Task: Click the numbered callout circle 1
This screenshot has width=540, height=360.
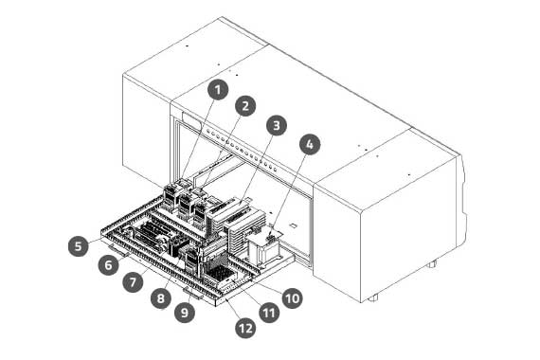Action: click(218, 90)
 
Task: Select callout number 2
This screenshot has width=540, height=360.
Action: click(245, 106)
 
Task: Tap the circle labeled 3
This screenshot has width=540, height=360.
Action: click(277, 125)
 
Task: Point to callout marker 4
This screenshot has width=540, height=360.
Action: click(310, 144)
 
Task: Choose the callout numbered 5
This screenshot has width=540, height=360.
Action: click(79, 246)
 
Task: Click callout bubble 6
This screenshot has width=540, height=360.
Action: click(109, 265)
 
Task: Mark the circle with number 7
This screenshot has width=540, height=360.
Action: click(133, 282)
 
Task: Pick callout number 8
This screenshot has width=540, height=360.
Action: click(161, 298)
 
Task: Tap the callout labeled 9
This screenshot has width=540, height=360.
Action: click(185, 312)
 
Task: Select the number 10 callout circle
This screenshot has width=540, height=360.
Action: click(293, 298)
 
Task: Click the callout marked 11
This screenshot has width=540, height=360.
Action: click(269, 313)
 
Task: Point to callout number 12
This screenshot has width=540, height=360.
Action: click(245, 328)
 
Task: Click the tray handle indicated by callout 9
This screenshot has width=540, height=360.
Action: click(194, 294)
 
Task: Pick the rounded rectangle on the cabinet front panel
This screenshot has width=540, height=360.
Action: click(191, 120)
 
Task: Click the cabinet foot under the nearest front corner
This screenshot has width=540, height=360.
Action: click(373, 297)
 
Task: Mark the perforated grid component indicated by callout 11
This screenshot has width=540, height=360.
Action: click(221, 275)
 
